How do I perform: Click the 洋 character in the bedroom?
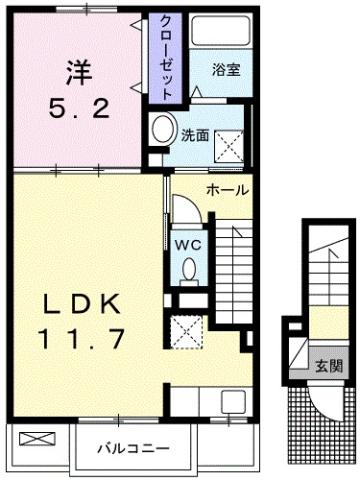pos(77,72)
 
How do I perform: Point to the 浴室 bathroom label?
pos(224,71)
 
